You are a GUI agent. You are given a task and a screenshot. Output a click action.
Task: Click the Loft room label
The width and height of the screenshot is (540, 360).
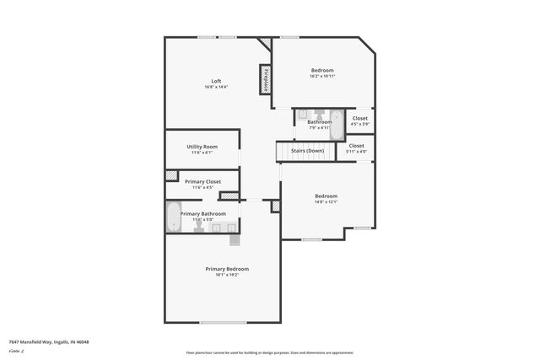(x=216, y=81)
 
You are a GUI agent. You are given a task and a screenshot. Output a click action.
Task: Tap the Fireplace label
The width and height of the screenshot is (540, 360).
(x=265, y=80)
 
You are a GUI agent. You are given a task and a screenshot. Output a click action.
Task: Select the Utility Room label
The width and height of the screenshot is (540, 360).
(x=202, y=147)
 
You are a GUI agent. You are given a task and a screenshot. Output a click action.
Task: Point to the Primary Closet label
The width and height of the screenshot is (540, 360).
(x=202, y=181)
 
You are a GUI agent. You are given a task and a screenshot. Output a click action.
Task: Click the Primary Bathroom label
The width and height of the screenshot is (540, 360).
(x=202, y=213)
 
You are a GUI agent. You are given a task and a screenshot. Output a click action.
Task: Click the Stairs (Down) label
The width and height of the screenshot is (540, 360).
(x=307, y=151)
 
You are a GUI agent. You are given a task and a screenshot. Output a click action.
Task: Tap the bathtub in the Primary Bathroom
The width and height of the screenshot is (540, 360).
(x=173, y=218)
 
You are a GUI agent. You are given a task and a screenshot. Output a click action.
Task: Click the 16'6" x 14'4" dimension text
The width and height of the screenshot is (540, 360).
(x=216, y=87)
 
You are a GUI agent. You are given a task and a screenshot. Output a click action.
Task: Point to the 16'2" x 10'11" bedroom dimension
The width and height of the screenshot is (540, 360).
(x=322, y=76)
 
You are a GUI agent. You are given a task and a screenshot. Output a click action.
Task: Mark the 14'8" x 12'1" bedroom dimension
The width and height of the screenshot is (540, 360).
(x=326, y=201)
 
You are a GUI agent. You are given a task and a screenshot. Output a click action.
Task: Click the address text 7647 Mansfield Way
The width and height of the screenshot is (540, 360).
(x=48, y=341)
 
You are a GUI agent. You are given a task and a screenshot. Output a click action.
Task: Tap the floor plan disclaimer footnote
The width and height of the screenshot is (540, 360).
(x=270, y=352)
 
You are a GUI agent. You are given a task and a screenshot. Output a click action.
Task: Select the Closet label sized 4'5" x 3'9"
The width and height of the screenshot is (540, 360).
(x=360, y=119)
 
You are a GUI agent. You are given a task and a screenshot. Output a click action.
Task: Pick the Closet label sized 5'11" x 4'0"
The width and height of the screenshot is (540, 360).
(x=357, y=146)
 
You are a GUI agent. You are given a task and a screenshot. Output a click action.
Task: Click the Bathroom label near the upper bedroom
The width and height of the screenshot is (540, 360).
(x=319, y=122)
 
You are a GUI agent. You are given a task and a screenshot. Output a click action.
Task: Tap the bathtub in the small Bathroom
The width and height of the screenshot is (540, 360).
(x=335, y=124)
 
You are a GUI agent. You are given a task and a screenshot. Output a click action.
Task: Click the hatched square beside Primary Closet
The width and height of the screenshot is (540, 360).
(x=172, y=175)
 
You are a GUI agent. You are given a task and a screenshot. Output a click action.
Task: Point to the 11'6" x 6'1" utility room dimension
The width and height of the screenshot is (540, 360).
(x=202, y=153)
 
